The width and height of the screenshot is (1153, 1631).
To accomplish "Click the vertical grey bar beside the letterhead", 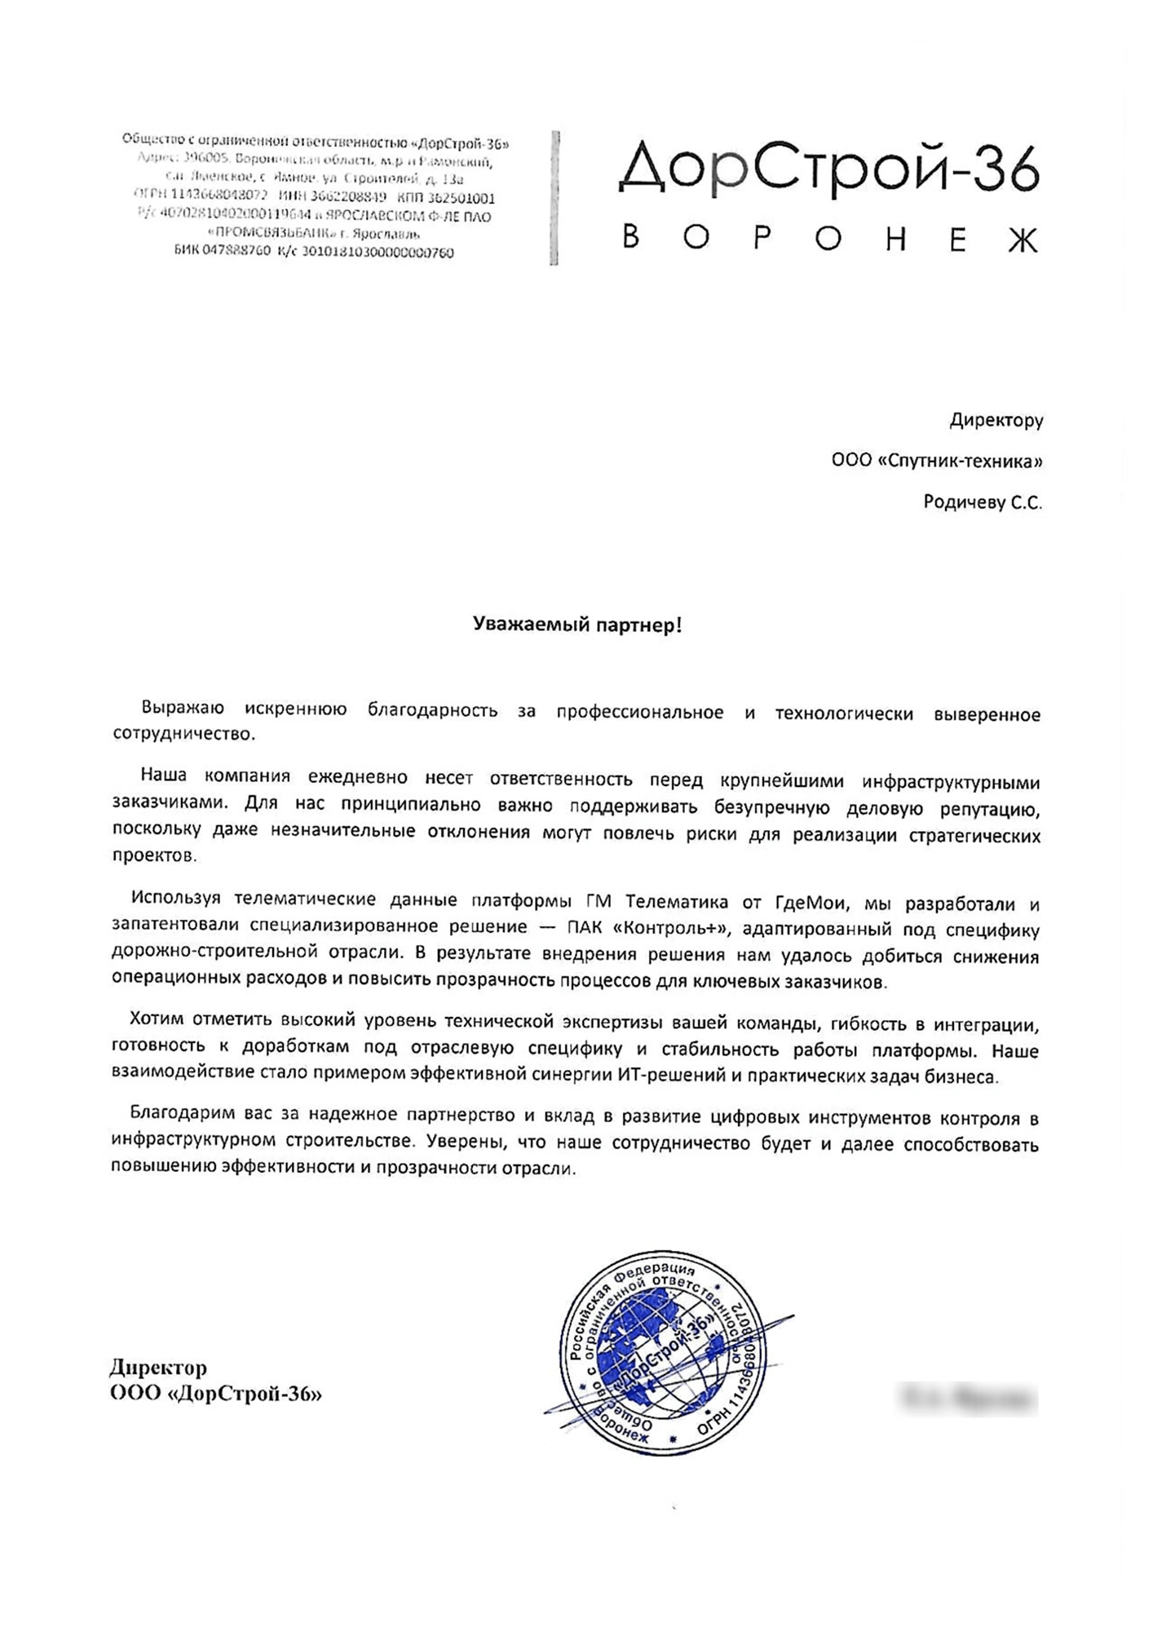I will pyautogui.click(x=554, y=197).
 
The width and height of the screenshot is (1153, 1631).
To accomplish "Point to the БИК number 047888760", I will pyautogui.click(x=236, y=252).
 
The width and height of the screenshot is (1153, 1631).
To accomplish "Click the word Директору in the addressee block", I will pyautogui.click(x=996, y=421).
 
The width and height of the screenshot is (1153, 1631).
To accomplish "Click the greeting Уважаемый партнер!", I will pyautogui.click(x=576, y=625).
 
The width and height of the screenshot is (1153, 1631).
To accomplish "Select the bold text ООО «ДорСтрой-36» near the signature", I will pyautogui.click(x=216, y=1395).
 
